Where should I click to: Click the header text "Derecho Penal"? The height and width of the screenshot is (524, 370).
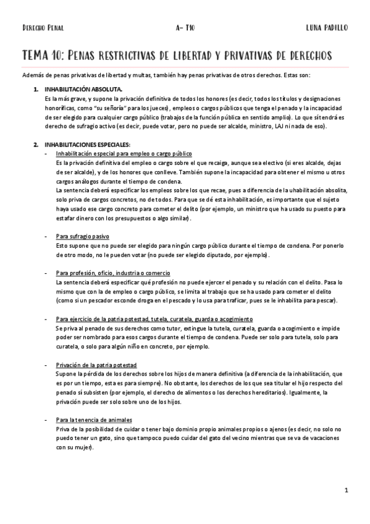(x=43, y=28)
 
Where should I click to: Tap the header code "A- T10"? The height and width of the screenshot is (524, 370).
(x=185, y=28)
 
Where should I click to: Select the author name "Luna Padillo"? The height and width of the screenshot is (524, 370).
(x=327, y=28)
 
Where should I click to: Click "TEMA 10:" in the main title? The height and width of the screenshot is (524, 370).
(x=45, y=56)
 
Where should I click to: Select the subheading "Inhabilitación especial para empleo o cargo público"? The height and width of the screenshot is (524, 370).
(x=124, y=153)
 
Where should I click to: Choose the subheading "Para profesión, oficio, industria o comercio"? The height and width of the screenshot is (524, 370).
(x=113, y=273)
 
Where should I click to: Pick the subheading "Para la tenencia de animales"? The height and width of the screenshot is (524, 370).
(x=94, y=420)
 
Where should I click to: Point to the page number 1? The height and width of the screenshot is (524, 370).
(x=347, y=491)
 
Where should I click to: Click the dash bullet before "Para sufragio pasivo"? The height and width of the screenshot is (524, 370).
(x=46, y=236)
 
